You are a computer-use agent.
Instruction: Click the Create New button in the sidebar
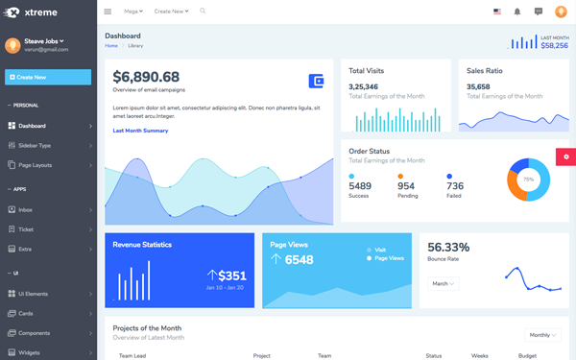(x=48, y=77)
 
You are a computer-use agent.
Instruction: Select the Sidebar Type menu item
(x=35, y=145)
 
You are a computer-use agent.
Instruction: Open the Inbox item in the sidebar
(x=25, y=209)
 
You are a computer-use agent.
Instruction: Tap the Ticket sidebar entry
(x=26, y=229)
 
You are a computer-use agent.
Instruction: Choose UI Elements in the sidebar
(x=33, y=294)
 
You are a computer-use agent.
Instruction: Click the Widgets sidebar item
(x=29, y=352)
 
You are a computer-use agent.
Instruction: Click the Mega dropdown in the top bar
(x=133, y=12)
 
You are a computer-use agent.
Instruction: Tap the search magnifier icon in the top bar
(x=203, y=12)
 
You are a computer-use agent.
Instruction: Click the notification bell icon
(x=517, y=12)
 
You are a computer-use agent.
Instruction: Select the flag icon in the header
(x=496, y=12)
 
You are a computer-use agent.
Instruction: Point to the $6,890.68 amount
(x=146, y=77)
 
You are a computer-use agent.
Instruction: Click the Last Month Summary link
(x=140, y=131)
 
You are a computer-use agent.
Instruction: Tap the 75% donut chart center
(x=528, y=180)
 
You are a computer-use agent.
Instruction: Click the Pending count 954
(x=406, y=186)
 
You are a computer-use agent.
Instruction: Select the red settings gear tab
(x=565, y=156)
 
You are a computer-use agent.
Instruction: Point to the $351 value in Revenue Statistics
(x=231, y=276)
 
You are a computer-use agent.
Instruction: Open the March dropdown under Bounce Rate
(x=443, y=284)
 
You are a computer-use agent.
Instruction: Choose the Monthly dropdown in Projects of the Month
(x=542, y=335)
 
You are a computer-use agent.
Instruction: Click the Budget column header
(x=527, y=355)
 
